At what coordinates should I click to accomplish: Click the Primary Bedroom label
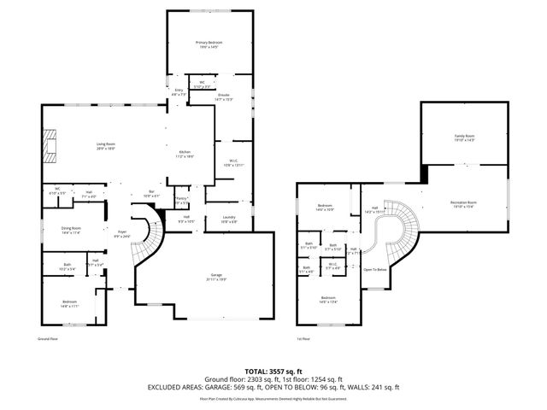pyautogui.click(x=209, y=43)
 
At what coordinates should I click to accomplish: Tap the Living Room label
pyautogui.click(x=106, y=145)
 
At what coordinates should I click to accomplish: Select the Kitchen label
pyautogui.click(x=184, y=153)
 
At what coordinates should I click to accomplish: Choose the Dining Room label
pyautogui.click(x=71, y=229)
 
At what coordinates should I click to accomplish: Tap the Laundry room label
pyautogui.click(x=228, y=219)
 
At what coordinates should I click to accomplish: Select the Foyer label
pyautogui.click(x=122, y=231)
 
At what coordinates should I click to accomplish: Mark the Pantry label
pyautogui.click(x=181, y=200)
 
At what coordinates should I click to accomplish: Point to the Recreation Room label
pyautogui.click(x=463, y=202)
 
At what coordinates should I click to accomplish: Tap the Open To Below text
pyautogui.click(x=375, y=269)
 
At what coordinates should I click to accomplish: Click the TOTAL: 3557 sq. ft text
pyautogui.click(x=273, y=371)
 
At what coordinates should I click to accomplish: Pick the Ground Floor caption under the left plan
pyautogui.click(x=47, y=338)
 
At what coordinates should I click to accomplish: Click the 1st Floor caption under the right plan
pyautogui.click(x=303, y=338)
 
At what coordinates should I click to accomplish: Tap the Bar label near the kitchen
pyautogui.click(x=151, y=191)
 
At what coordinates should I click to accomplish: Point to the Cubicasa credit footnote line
pyautogui.click(x=273, y=397)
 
